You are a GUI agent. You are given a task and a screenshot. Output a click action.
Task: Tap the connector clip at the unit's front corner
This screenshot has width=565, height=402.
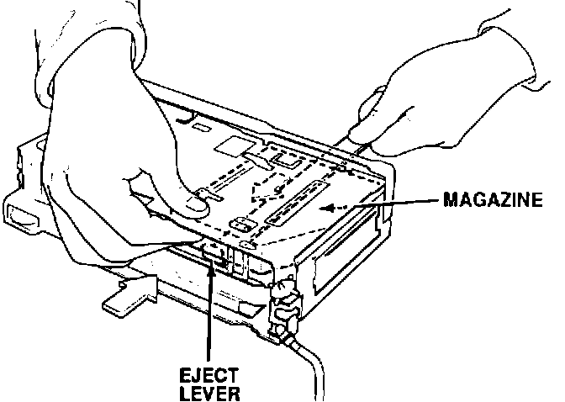[283, 310]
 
